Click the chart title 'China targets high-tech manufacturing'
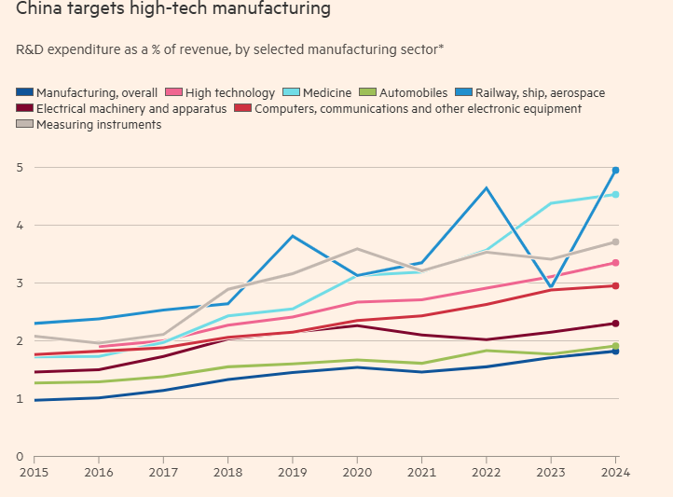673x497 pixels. (x=172, y=10)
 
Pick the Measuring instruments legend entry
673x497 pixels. (x=98, y=125)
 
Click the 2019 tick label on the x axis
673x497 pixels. (x=292, y=472)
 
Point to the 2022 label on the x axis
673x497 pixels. (x=487, y=472)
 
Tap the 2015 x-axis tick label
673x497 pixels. (x=34, y=472)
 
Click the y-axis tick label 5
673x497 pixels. (x=19, y=168)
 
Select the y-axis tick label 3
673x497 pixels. (x=19, y=283)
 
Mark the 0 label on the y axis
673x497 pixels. (x=19, y=457)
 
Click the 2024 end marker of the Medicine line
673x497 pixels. (x=615, y=194)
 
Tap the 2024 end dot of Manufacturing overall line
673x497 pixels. (x=615, y=351)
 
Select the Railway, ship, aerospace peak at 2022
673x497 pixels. (x=487, y=188)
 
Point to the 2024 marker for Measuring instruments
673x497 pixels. (x=615, y=242)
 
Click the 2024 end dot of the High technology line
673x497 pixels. (x=615, y=263)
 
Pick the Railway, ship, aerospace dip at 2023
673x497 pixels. (x=551, y=287)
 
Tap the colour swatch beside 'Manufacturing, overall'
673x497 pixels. (x=25, y=92)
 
